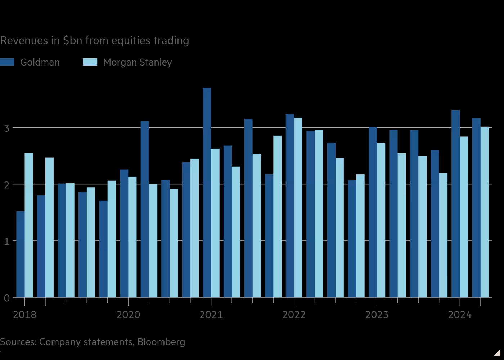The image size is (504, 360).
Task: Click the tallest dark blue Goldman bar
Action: [x=207, y=193]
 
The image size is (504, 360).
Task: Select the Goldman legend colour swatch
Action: [x=7, y=62]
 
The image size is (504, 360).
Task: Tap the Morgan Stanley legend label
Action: [x=138, y=62]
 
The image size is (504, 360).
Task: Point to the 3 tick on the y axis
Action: [x=7, y=128]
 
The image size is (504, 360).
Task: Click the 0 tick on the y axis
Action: [x=7, y=298]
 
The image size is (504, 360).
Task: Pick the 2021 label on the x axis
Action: [x=211, y=315]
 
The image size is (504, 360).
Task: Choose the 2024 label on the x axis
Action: [x=460, y=315]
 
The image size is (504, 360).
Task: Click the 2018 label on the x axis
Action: [x=24, y=315]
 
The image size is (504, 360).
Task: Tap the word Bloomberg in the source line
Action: [x=161, y=342]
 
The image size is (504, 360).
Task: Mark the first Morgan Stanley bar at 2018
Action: [x=29, y=225]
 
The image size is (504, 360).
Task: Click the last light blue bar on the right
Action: [x=485, y=212]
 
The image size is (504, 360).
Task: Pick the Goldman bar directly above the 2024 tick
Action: [x=455, y=204]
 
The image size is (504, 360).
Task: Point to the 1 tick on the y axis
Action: [x=7, y=241]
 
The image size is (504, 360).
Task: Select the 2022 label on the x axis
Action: [x=294, y=315]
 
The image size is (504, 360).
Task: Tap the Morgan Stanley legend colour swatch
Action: [x=90, y=62]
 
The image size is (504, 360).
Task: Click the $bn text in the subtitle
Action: [x=72, y=40]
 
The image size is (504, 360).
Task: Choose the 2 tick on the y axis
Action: [x=7, y=185]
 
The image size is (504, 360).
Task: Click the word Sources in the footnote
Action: [x=18, y=342]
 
